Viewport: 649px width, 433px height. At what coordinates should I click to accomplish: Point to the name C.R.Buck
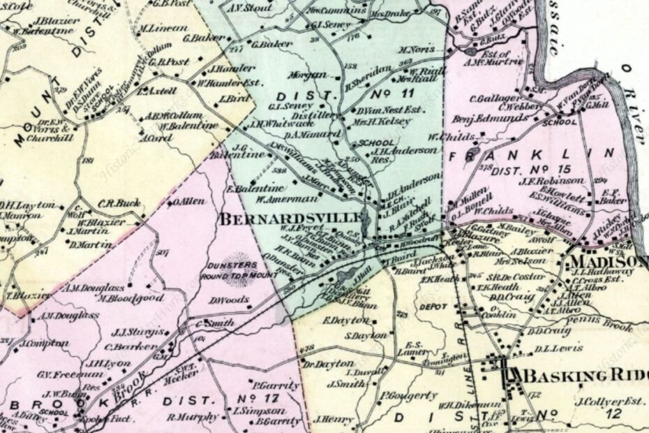[119, 203]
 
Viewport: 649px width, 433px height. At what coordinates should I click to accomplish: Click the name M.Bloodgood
[130, 298]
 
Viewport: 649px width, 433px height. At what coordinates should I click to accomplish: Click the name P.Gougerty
[409, 396]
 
